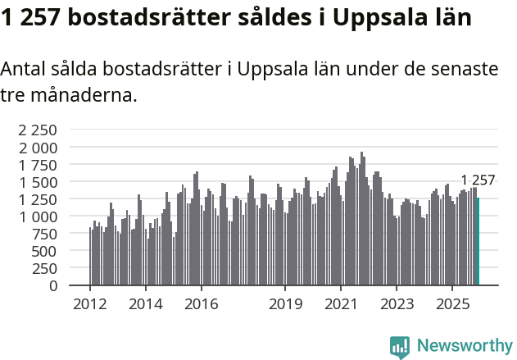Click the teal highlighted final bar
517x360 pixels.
click(478, 242)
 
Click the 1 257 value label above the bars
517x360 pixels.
click(478, 181)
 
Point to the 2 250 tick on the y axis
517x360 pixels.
click(39, 130)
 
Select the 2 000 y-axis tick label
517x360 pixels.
click(39, 148)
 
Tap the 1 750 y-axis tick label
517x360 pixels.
click(39, 165)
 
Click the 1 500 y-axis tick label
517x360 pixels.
click(39, 182)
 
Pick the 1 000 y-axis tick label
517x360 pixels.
click(39, 216)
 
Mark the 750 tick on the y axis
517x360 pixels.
click(44, 234)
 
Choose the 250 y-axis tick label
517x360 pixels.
click(44, 269)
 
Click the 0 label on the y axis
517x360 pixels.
click(53, 286)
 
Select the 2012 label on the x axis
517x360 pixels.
click(89, 304)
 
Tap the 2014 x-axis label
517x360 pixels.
click(145, 304)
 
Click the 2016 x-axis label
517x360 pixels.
click(202, 304)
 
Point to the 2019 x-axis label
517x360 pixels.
click(285, 304)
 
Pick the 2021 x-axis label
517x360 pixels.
click(341, 304)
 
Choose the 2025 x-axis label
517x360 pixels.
click(451, 304)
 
